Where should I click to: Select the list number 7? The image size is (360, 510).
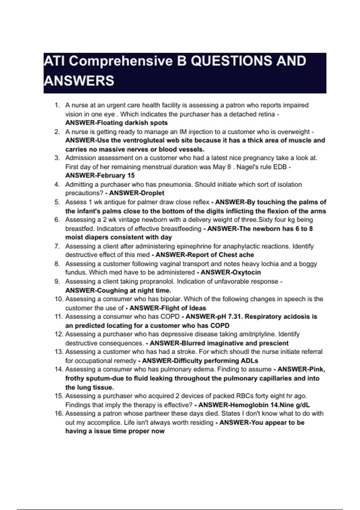[x=57, y=246]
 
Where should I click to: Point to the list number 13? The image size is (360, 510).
[x=59, y=352]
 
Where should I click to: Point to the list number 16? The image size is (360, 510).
[x=59, y=413]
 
